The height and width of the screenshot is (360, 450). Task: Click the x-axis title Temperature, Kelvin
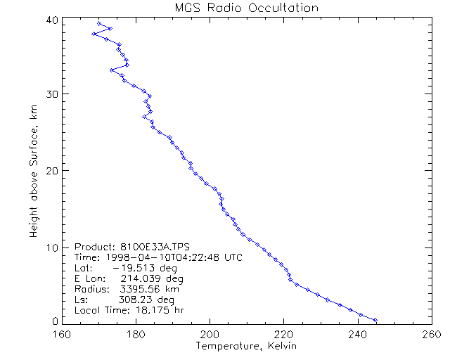coord(246,347)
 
